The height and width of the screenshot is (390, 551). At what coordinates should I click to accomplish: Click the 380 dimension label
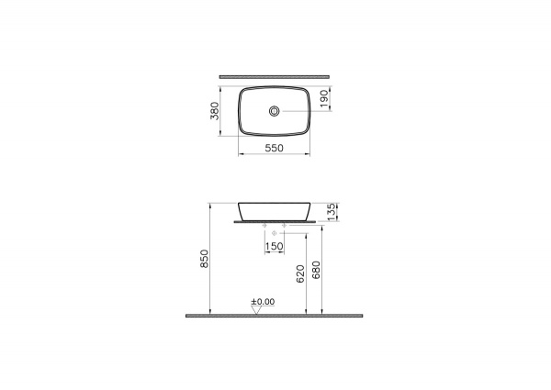(214, 111)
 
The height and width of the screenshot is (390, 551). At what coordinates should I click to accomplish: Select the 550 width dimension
(274, 148)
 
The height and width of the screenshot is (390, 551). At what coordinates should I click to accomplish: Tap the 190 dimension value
(324, 98)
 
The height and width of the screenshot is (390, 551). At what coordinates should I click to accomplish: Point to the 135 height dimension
(332, 212)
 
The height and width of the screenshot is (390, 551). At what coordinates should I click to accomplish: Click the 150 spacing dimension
(274, 246)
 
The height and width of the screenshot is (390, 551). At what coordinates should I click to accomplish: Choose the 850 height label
(204, 259)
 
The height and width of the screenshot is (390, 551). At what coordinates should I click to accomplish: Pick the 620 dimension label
(300, 273)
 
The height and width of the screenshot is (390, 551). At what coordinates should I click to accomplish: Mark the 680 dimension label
(316, 270)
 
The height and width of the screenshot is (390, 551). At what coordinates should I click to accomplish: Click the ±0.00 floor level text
(263, 302)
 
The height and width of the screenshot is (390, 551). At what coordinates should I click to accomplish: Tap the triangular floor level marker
(257, 310)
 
